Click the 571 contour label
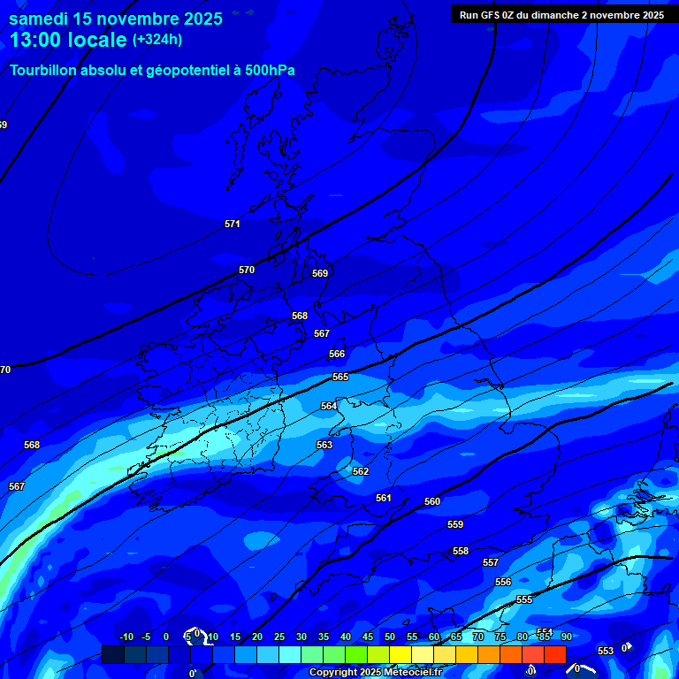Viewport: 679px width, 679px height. (233, 224)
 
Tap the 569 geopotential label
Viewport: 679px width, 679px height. (320, 273)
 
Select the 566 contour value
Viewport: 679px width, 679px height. (337, 354)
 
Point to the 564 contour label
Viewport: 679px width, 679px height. (329, 406)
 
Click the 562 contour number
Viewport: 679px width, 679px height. (361, 471)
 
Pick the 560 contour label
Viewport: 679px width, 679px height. (432, 501)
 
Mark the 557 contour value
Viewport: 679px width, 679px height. (491, 562)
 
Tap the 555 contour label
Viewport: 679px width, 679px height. (524, 599)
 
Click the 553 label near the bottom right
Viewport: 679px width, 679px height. (606, 651)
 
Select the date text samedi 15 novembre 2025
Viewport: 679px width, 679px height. (116, 19)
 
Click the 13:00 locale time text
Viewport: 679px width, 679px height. (68, 41)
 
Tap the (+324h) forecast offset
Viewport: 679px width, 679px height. (157, 40)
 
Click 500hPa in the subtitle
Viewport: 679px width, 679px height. (271, 70)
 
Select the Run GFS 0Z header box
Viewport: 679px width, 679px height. (561, 15)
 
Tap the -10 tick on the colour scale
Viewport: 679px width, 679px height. (126, 637)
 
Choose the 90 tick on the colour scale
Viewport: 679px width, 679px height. (566, 637)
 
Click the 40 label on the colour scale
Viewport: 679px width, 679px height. (346, 637)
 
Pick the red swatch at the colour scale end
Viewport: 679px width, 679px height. (555, 654)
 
